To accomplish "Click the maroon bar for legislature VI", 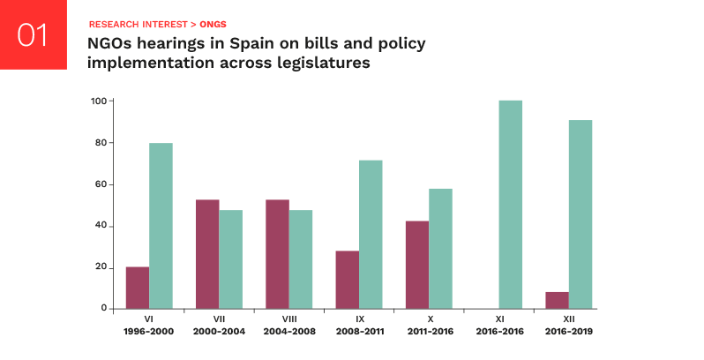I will pos(138,288).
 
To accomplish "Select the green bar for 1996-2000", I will pos(161,226).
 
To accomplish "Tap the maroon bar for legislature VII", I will pos(207,254).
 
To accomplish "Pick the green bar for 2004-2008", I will pos(301,259).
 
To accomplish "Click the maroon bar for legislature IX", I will pos(348,280).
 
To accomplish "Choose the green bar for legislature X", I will pos(440,249).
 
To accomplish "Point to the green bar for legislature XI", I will pos(510,205).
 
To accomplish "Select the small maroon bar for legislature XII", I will pos(557,300).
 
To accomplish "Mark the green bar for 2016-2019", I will pos(580,214).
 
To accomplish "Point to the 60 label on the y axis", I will pos(101,184).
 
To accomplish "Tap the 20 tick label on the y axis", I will pos(101,267).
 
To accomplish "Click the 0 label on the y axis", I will pos(104,309).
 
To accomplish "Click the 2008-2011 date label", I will pos(359,333).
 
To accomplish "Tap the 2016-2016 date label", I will pos(498,333).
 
